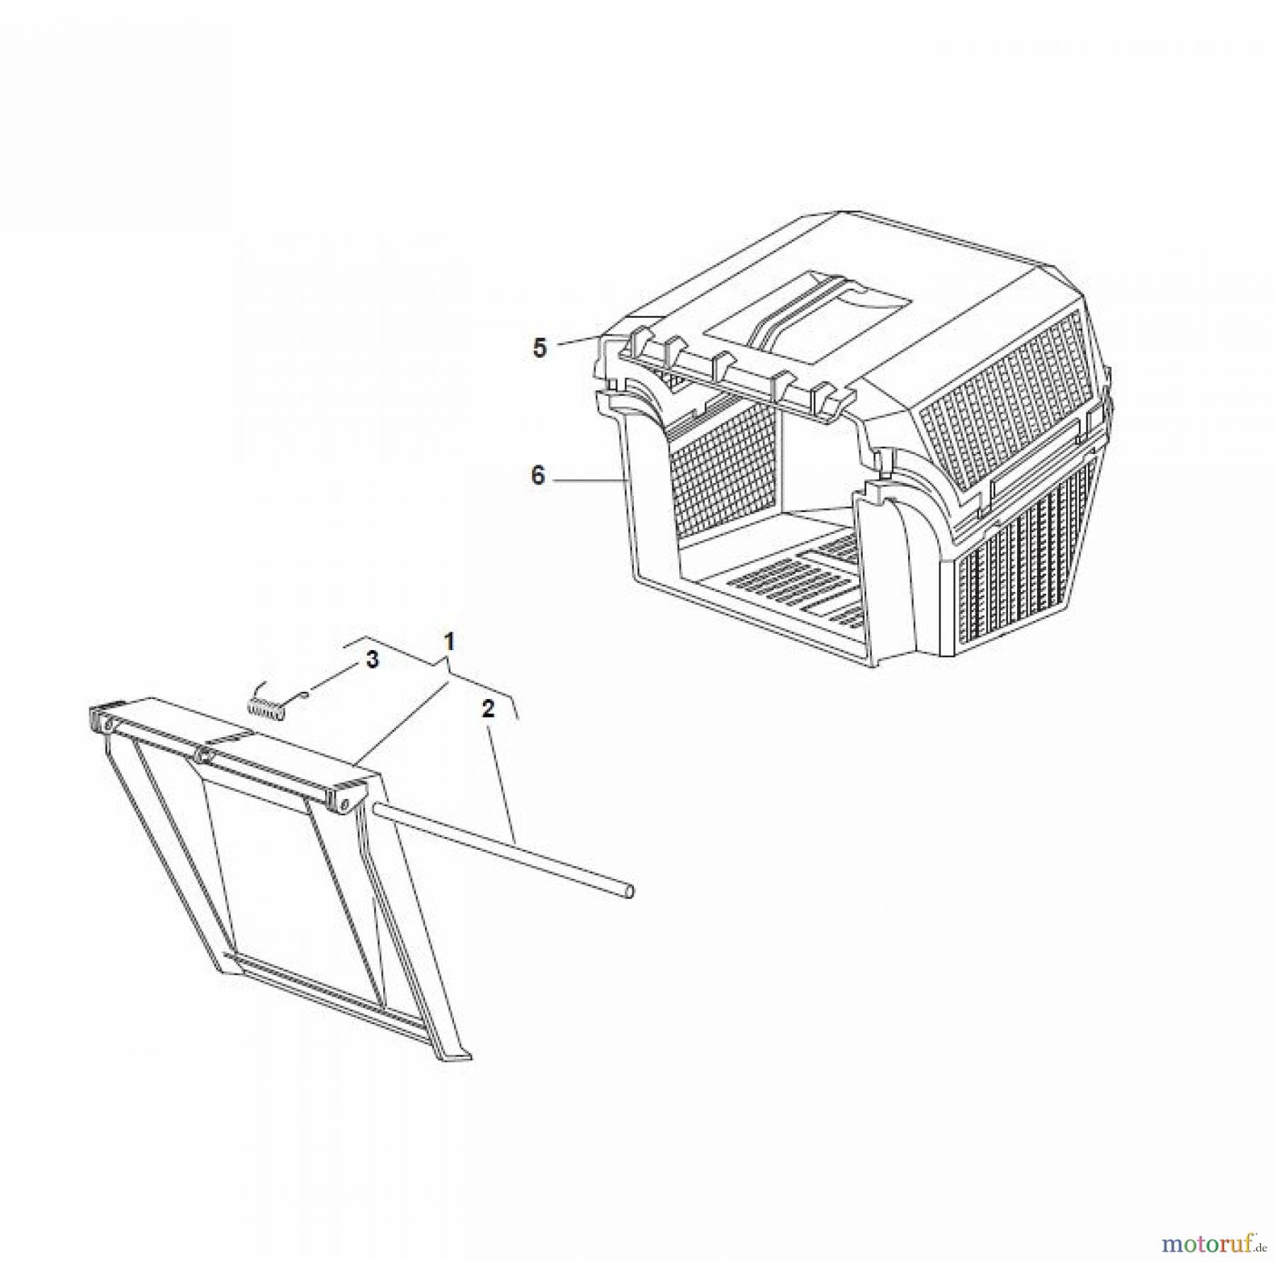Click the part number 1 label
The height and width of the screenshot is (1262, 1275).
[x=448, y=643]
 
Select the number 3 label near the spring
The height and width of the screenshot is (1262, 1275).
[x=372, y=659]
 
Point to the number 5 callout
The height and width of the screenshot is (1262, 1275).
[x=540, y=348]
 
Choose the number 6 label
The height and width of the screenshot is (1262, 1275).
[x=538, y=476]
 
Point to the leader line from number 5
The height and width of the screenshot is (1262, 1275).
[x=579, y=341]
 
